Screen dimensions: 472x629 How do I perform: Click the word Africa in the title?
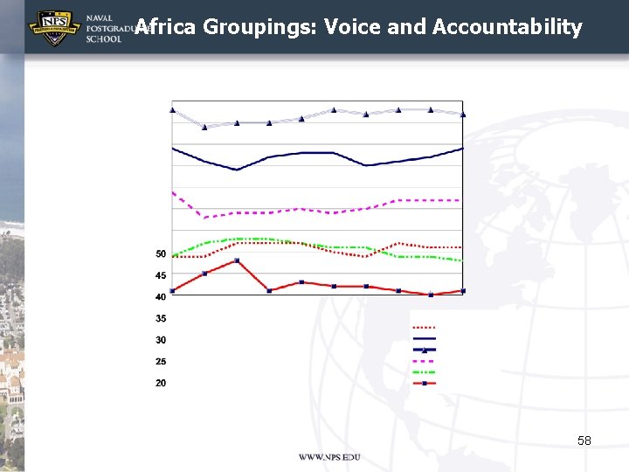pos(166,27)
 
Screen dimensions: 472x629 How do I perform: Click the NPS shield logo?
pos(55,28)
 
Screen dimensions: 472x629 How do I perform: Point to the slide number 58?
pos(584,441)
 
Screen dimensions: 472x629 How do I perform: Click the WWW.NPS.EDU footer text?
pos(328,457)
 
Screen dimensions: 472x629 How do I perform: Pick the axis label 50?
pos(161,254)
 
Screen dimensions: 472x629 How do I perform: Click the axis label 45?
pos(161,275)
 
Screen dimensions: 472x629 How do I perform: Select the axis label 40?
pos(161,297)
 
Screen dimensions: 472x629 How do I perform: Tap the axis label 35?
pos(161,319)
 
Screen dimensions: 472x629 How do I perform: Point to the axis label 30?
pos(161,340)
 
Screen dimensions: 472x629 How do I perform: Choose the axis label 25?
pos(161,362)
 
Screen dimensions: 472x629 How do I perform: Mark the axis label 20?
pos(161,383)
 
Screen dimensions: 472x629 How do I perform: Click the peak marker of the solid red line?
pos(237,260)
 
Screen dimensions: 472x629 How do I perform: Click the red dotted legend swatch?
pos(424,328)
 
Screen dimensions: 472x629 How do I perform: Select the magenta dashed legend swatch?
pos(424,360)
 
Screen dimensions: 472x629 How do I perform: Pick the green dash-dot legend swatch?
pos(424,371)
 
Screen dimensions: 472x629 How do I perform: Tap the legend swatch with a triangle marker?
pos(424,350)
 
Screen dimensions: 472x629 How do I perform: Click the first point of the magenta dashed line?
pos(173,191)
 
